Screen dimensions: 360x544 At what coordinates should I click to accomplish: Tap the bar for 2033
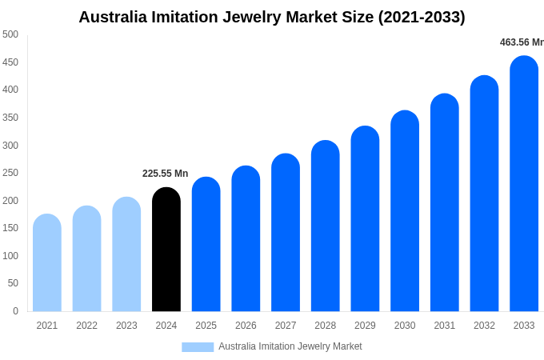coord(524,184)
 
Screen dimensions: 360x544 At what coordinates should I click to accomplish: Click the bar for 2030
coord(405,211)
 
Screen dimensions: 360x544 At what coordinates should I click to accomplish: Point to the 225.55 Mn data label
coord(166,174)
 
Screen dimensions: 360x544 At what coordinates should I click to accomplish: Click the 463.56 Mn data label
coord(522,42)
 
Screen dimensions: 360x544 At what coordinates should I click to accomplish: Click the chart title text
coord(272,17)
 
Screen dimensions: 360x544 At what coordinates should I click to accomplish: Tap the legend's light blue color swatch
coord(198,346)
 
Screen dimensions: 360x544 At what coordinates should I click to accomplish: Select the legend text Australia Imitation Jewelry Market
coord(290,346)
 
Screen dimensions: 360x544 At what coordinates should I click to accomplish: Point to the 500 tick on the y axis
coord(10,34)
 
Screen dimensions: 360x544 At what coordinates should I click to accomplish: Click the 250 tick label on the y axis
coord(10,173)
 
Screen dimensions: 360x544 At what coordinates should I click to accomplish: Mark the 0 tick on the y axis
coord(15,311)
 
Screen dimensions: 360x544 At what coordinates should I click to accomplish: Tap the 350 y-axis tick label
coord(10,118)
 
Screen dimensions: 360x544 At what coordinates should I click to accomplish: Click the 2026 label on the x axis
coord(246,326)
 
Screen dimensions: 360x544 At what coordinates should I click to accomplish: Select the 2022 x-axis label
coord(86,326)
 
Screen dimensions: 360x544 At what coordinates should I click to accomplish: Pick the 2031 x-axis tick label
coord(445,326)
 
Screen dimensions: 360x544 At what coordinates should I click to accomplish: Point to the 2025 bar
coord(206,244)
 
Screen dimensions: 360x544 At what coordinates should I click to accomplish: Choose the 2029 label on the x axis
coord(365,326)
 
